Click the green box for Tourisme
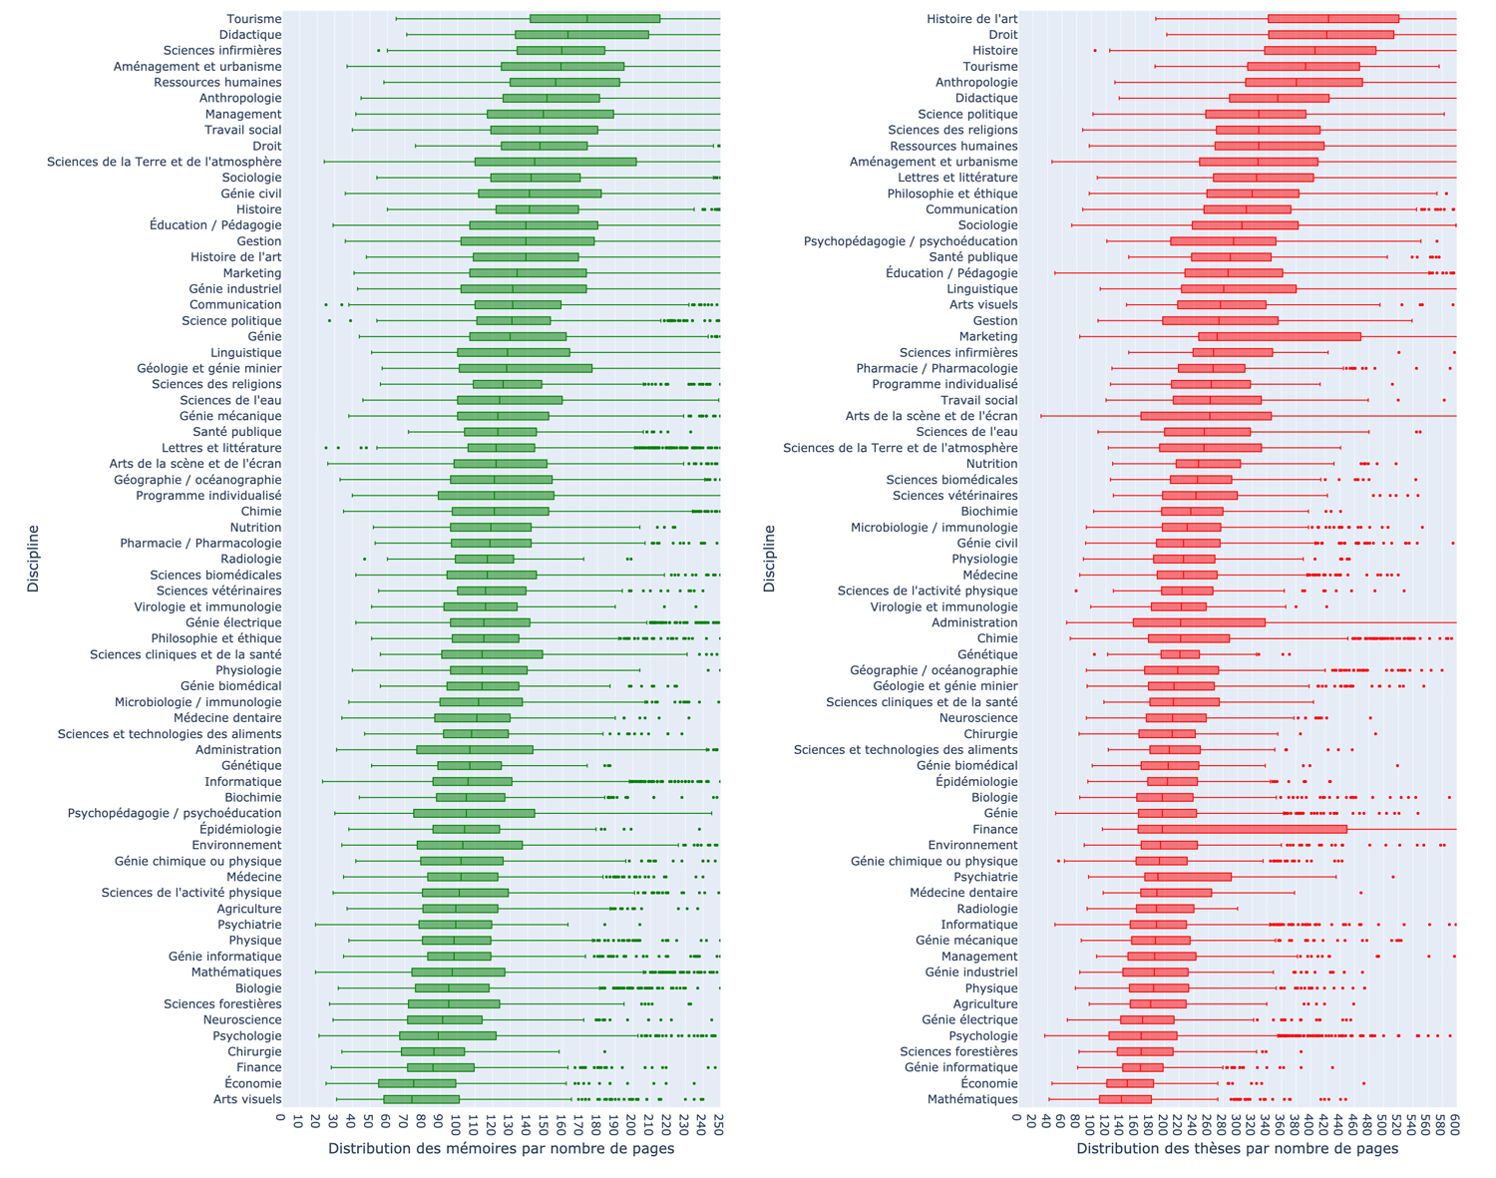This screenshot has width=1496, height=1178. click(x=594, y=19)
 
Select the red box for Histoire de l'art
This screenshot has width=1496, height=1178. click(x=1332, y=19)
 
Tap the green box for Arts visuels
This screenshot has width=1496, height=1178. click(x=421, y=1099)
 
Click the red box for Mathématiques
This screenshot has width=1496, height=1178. click(x=1125, y=1099)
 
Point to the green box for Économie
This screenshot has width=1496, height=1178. click(x=417, y=1083)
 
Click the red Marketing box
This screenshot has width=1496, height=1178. click(x=1279, y=336)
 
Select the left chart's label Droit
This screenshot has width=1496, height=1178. click(x=266, y=146)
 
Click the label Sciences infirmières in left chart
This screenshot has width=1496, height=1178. click(x=222, y=51)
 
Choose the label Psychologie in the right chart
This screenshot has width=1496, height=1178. click(x=983, y=1035)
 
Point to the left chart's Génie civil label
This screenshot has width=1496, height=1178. click(x=250, y=194)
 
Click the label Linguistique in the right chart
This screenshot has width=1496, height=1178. click(x=981, y=289)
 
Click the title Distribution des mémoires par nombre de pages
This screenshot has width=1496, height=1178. click(x=501, y=1149)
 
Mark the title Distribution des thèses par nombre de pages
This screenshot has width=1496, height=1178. click(x=1237, y=1149)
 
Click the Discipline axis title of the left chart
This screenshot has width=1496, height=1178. click(x=33, y=559)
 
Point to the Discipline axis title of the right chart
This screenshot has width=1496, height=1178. click(x=769, y=559)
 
